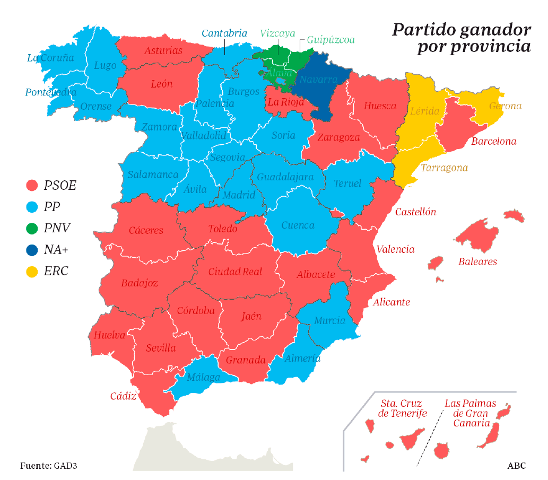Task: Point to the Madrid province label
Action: click(239, 195)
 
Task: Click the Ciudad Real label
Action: click(235, 272)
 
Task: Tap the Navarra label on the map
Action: click(318, 80)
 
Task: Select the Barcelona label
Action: click(493, 142)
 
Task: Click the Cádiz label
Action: click(123, 396)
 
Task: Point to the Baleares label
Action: click(477, 261)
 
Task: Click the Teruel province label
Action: click(347, 184)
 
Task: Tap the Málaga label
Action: click(203, 378)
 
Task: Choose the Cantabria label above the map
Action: click(224, 33)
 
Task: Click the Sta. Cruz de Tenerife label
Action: click(403, 408)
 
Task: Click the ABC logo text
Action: click(516, 466)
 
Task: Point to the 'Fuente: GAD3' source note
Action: click(49, 466)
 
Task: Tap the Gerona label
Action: click(505, 106)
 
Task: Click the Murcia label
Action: click(329, 320)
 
